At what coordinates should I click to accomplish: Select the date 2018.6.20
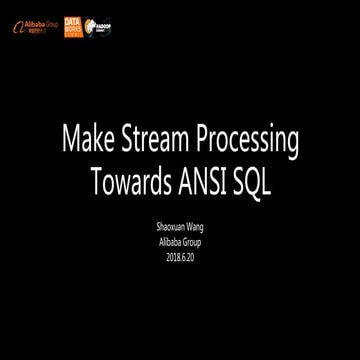coord(181,257)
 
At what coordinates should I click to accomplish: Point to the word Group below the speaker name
coord(196,244)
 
